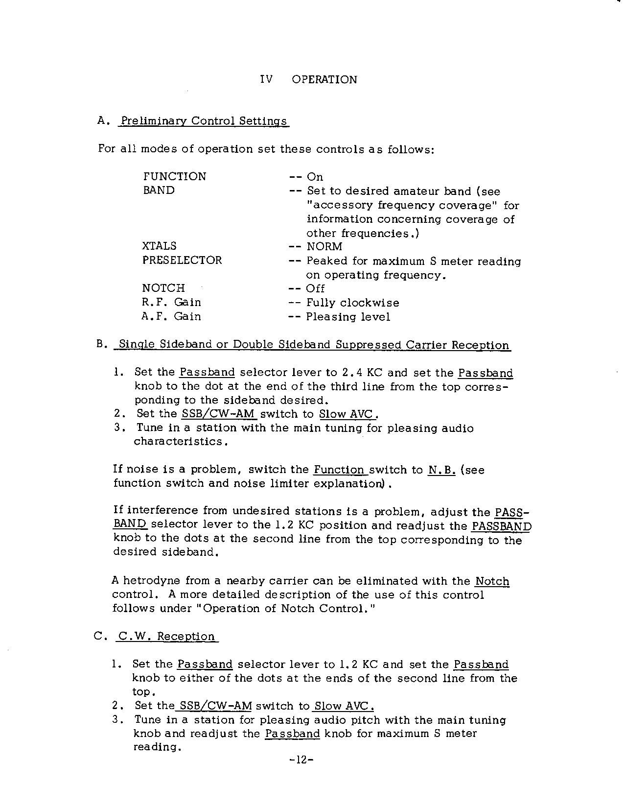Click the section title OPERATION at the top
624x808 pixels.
tap(324, 80)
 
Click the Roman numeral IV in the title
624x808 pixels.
tap(266, 80)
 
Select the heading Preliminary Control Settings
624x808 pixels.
tap(204, 121)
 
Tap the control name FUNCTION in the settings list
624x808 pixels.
tap(175, 177)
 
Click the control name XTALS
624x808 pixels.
tap(160, 246)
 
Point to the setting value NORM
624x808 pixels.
tap(324, 247)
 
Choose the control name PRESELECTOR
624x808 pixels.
tap(182, 261)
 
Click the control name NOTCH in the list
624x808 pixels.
tap(163, 288)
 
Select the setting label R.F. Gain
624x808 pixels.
tap(171, 302)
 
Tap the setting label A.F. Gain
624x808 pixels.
tap(171, 316)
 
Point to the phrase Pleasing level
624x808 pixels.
tap(348, 317)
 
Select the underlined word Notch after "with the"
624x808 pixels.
tap(492, 581)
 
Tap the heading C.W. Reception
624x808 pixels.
tap(166, 637)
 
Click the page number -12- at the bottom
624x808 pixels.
tap(300, 760)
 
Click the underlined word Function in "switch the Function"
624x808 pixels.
tap(340, 470)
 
